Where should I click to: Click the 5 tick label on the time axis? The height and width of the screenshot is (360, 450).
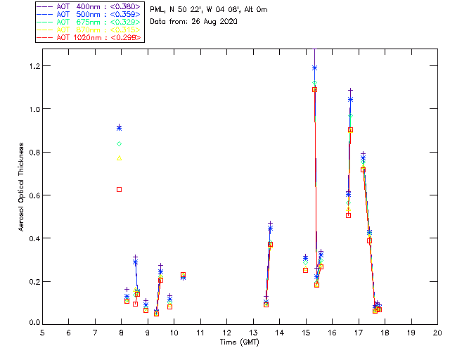tap(42, 333)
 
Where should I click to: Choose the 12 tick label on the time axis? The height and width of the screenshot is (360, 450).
tap(226, 333)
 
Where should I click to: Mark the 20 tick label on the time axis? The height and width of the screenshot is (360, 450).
tap(437, 333)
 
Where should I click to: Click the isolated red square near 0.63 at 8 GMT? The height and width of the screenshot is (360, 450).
tap(120, 189)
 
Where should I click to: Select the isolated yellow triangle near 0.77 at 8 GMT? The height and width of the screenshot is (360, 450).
tap(120, 158)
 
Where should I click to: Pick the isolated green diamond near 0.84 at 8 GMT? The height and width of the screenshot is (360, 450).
tap(120, 143)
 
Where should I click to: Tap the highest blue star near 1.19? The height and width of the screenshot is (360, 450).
tap(314, 68)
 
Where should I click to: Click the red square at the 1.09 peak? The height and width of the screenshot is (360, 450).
tap(314, 89)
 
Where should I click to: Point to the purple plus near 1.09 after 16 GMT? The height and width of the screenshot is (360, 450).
tap(350, 90)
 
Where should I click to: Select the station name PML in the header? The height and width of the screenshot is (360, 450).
tap(157, 10)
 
